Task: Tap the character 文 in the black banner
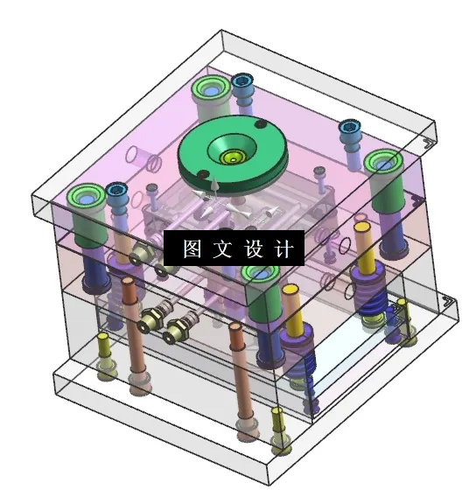pyautogui.click(x=222, y=248)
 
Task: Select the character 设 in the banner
pyautogui.click(x=254, y=248)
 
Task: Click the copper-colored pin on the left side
pyautogui.click(x=129, y=315)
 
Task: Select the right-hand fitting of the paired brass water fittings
pyautogui.click(x=179, y=331)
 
